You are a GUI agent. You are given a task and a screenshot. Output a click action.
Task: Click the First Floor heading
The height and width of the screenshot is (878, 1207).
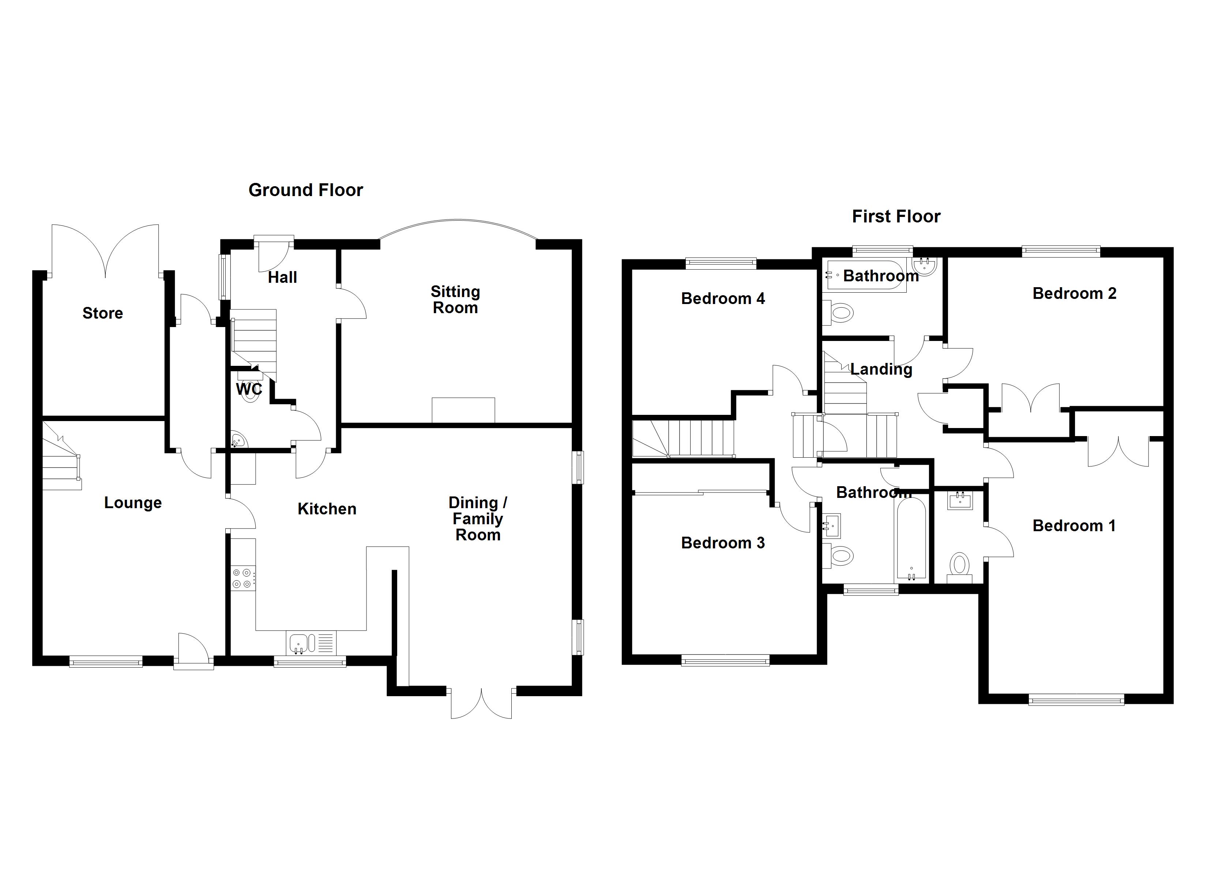coord(896,216)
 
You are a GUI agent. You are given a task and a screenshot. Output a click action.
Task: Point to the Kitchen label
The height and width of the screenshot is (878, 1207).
coord(327,509)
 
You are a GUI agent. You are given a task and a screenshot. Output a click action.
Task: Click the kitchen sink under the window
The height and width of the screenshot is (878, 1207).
coord(301,643)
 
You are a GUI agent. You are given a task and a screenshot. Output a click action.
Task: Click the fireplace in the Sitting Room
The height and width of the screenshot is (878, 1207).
coord(463,410)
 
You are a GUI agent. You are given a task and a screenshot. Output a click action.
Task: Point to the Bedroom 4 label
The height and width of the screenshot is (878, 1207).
coord(723,299)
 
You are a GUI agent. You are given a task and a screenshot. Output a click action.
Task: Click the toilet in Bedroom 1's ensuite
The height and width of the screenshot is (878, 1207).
coord(959,566)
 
